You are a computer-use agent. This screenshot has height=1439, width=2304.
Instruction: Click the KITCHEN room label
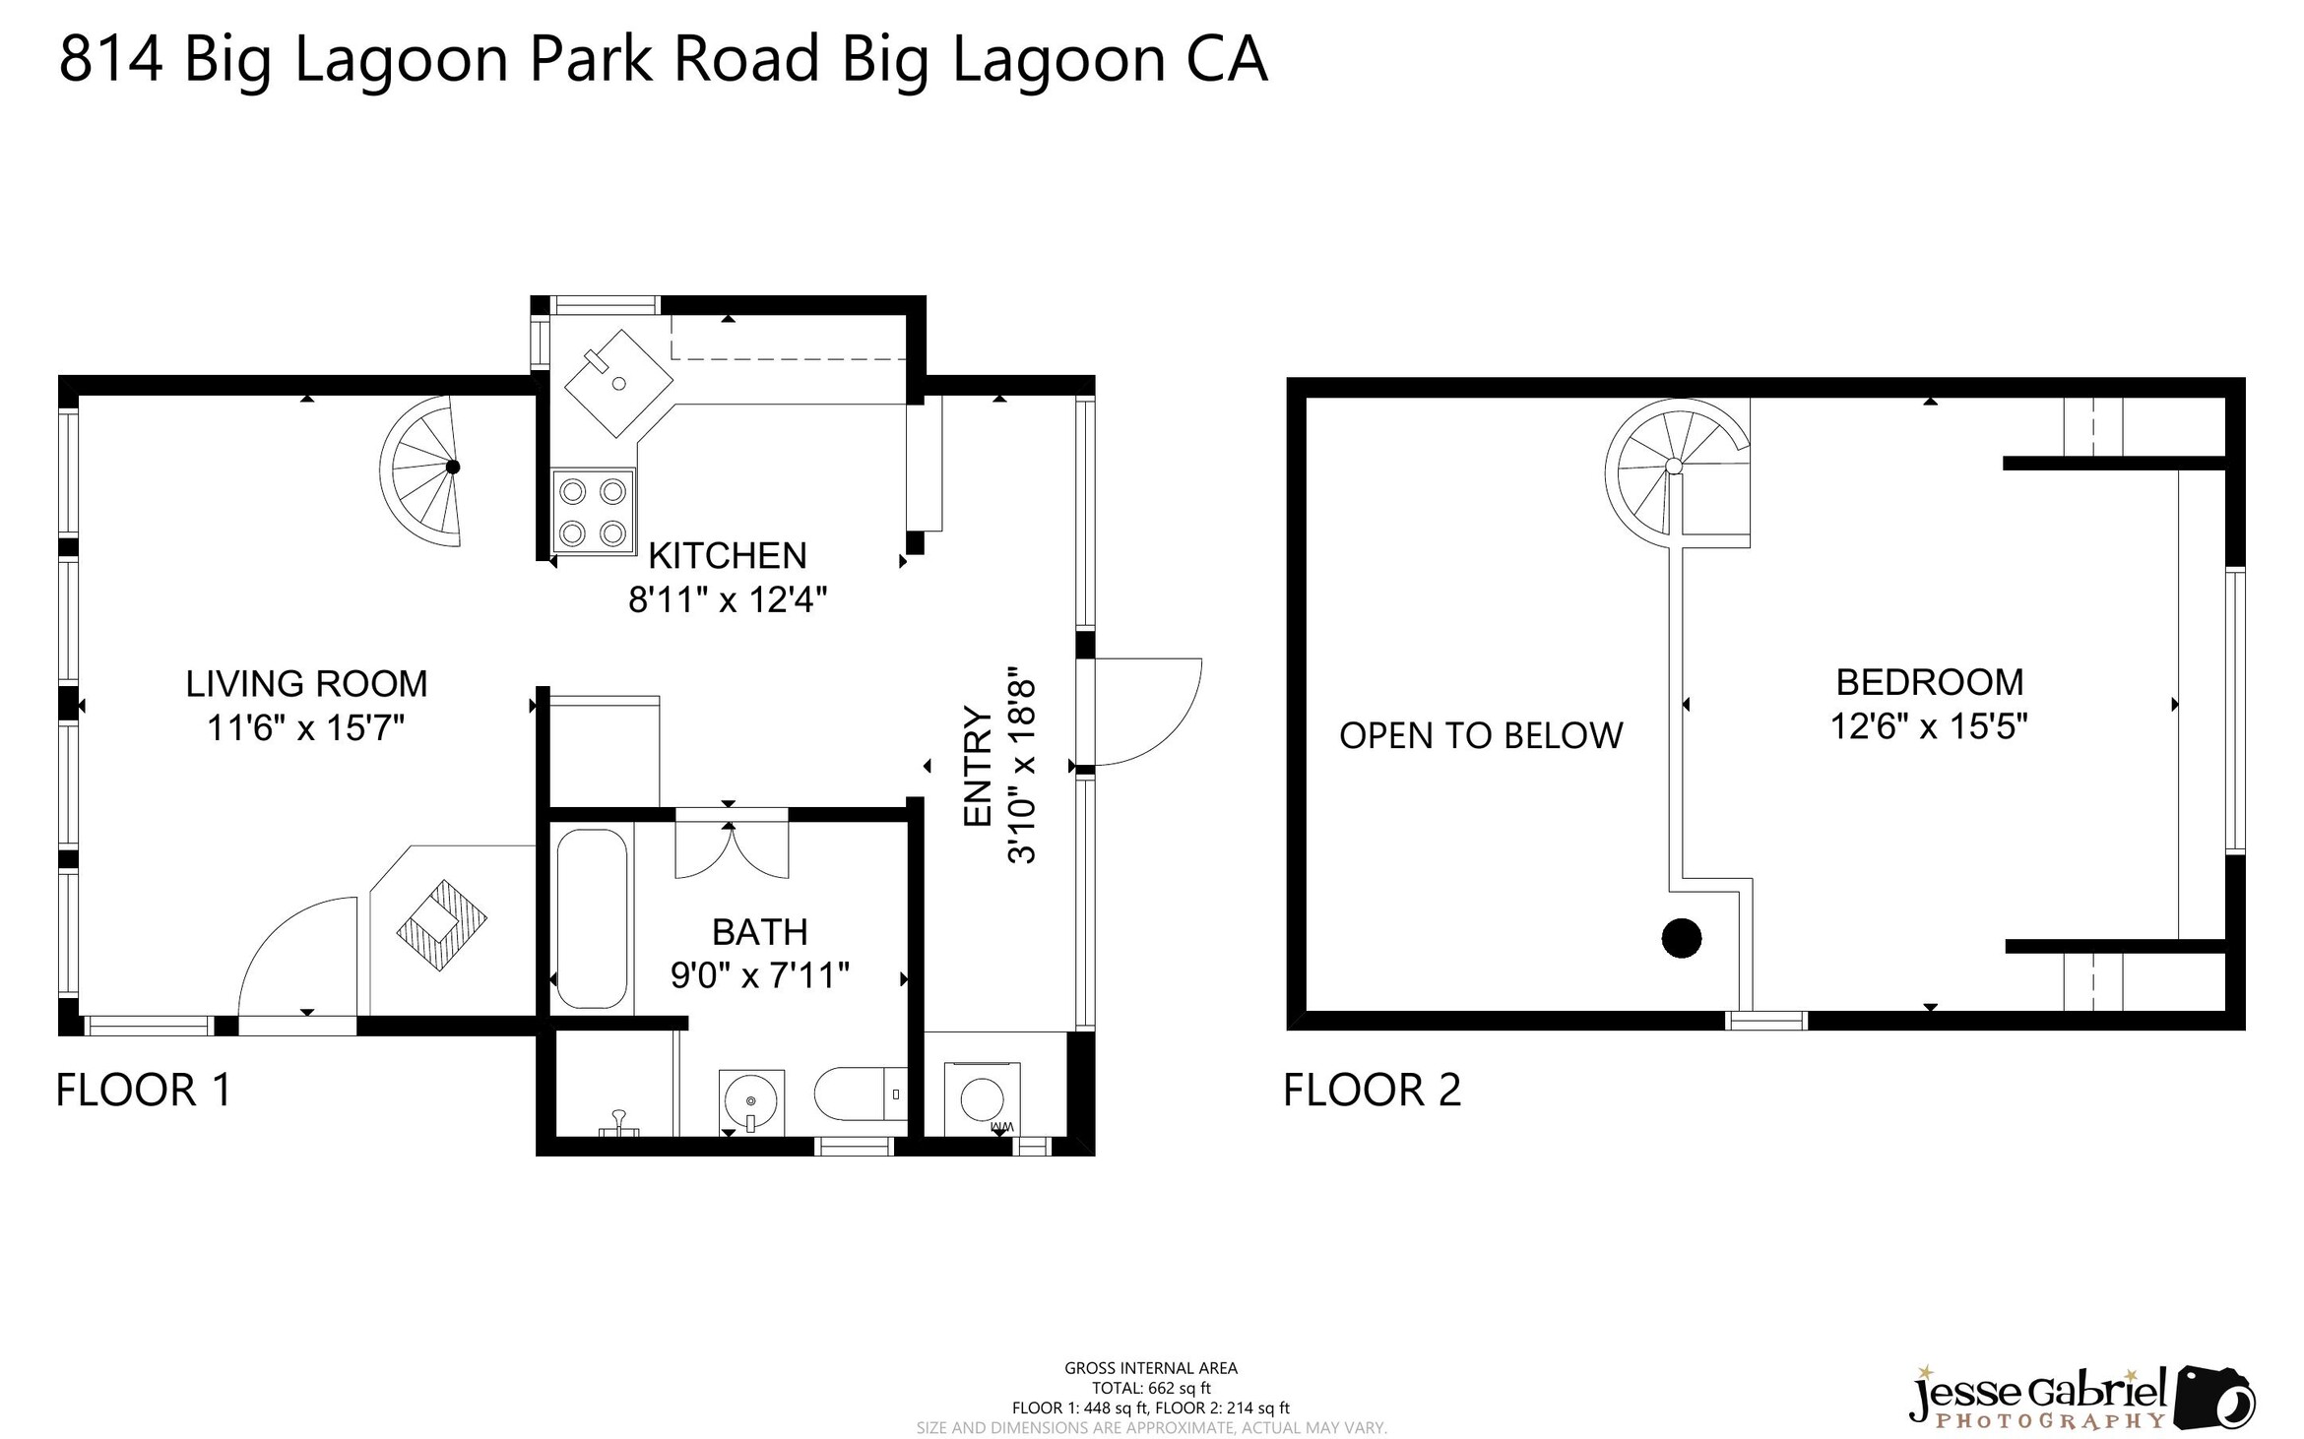[727, 556]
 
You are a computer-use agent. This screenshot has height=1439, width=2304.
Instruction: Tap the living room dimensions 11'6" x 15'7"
[305, 728]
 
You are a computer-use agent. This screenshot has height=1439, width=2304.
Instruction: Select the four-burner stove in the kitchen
[593, 512]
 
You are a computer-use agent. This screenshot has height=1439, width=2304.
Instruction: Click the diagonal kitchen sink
[617, 382]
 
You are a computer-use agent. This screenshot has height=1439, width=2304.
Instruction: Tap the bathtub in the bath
[591, 917]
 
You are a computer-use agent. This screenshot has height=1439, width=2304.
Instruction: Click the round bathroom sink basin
[751, 1100]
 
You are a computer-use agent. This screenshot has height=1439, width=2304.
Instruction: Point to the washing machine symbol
[982, 1098]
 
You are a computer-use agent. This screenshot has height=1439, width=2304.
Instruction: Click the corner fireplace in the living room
[441, 925]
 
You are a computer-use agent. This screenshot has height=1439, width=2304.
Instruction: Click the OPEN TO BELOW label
[1480, 736]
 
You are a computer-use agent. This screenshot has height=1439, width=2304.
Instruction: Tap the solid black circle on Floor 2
[1681, 938]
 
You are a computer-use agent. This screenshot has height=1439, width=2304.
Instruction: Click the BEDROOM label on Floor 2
[1928, 682]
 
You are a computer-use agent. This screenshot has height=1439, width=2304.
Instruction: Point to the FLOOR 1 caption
[144, 1091]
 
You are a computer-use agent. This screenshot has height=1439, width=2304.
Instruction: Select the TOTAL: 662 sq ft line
[1150, 1388]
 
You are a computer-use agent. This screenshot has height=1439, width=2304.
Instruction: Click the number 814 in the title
[110, 59]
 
